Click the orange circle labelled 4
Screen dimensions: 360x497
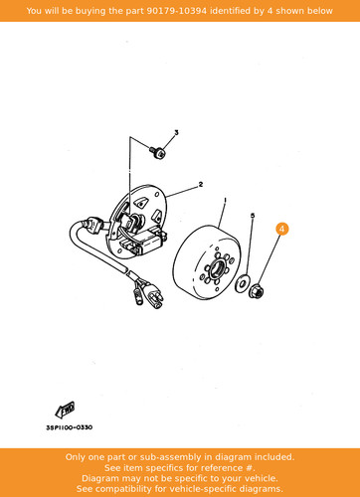click(281, 229)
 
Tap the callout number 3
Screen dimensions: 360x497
click(176, 132)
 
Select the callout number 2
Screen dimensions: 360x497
click(201, 184)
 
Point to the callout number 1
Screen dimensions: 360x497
click(226, 200)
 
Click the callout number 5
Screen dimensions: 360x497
click(253, 216)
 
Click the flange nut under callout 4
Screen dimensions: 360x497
click(257, 291)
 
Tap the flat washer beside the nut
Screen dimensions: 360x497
click(242, 283)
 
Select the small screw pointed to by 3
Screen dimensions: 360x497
click(157, 153)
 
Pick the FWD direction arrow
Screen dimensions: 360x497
click(65, 410)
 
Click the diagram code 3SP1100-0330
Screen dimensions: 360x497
click(69, 427)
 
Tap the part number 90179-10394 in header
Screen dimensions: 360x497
click(177, 11)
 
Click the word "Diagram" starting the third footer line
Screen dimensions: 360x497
click(100, 478)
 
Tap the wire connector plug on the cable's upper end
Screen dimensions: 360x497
click(94, 225)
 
